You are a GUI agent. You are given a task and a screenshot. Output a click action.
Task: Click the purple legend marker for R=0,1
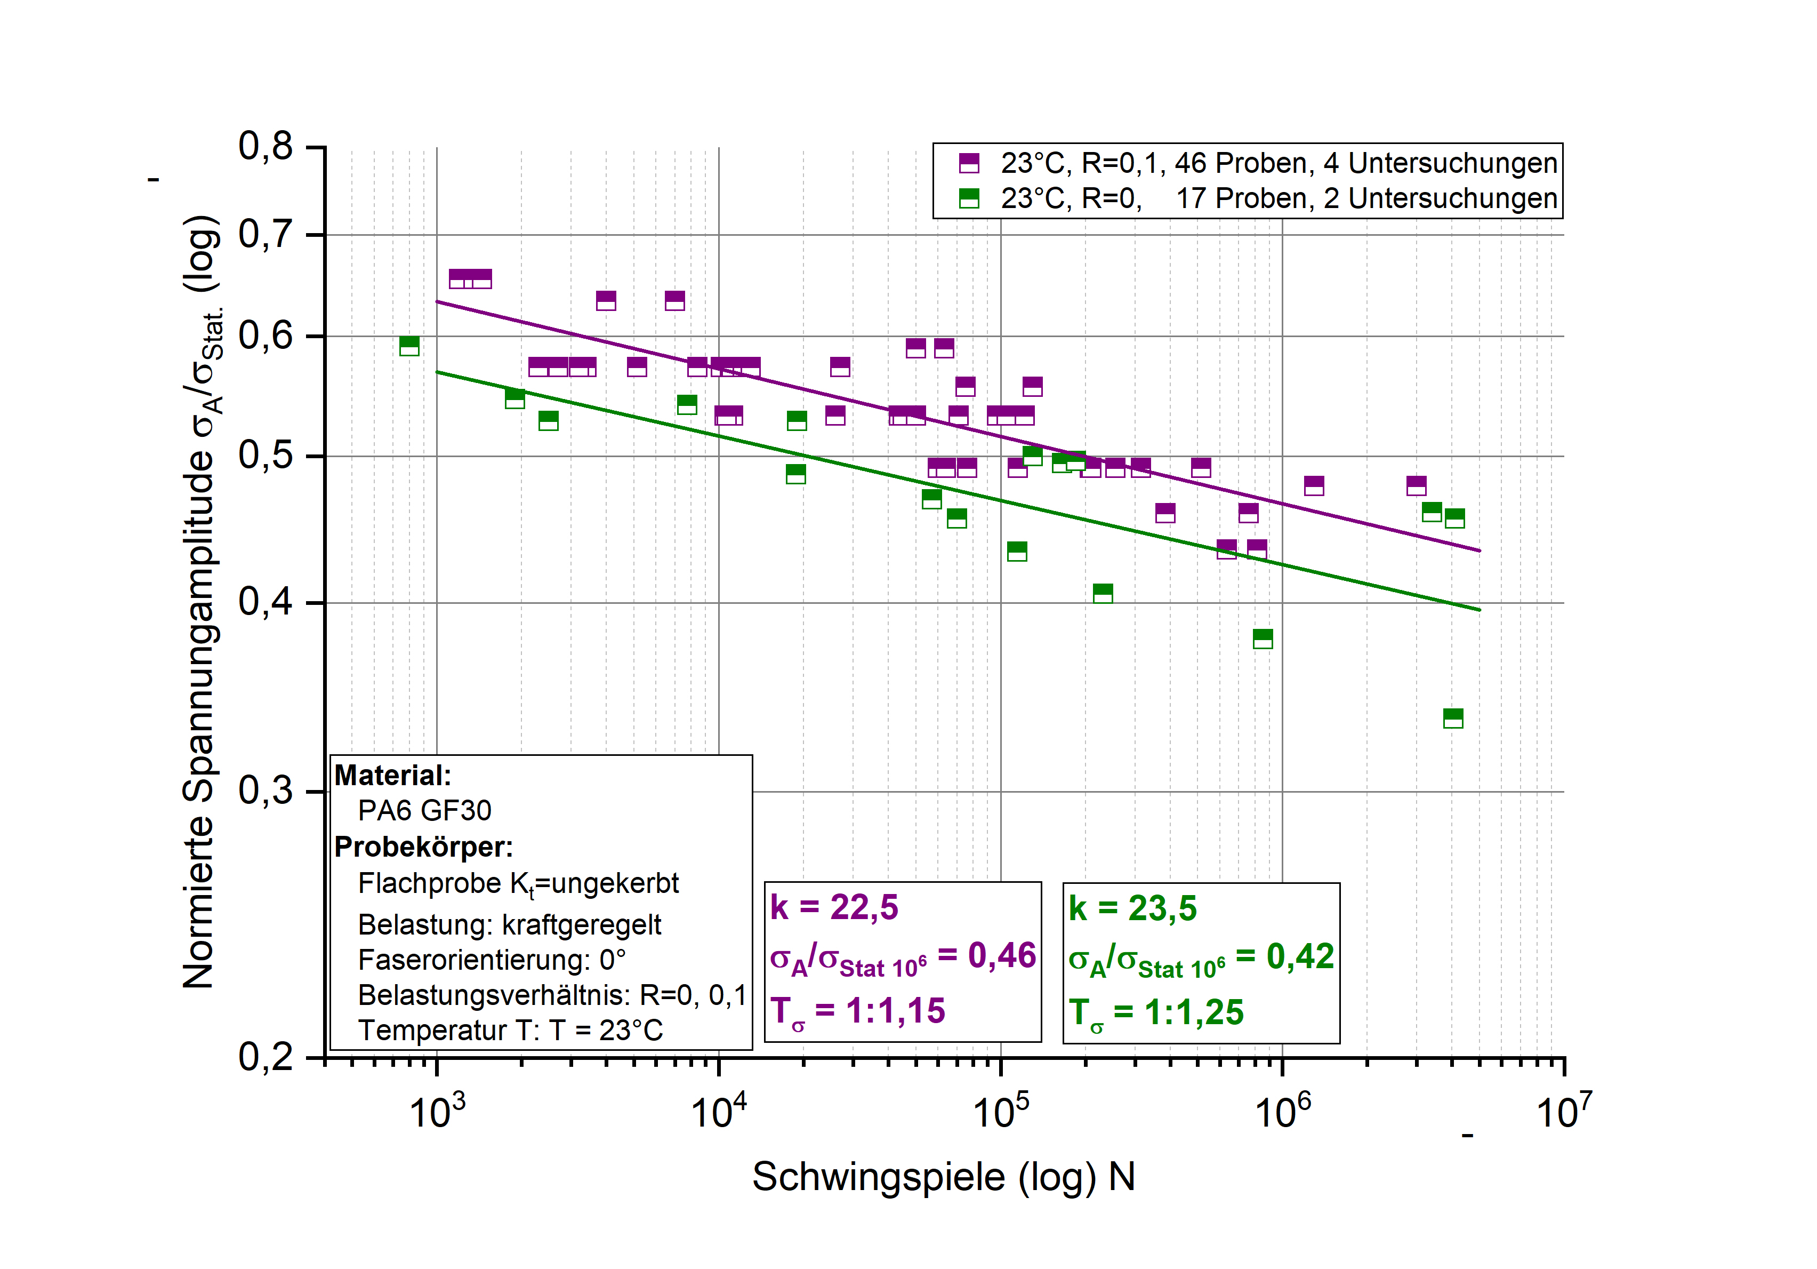(969, 163)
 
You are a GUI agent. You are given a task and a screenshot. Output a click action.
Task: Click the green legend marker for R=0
(969, 198)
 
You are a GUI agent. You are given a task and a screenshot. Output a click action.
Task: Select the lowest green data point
(1453, 718)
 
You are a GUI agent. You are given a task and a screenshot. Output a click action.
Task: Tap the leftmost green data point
(409, 346)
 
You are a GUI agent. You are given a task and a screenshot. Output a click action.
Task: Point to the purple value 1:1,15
(895, 1011)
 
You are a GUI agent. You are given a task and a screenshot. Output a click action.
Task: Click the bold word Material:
(392, 775)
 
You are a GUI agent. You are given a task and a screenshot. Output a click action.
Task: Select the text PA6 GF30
(424, 811)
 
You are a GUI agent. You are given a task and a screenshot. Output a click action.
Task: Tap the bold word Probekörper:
(423, 847)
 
